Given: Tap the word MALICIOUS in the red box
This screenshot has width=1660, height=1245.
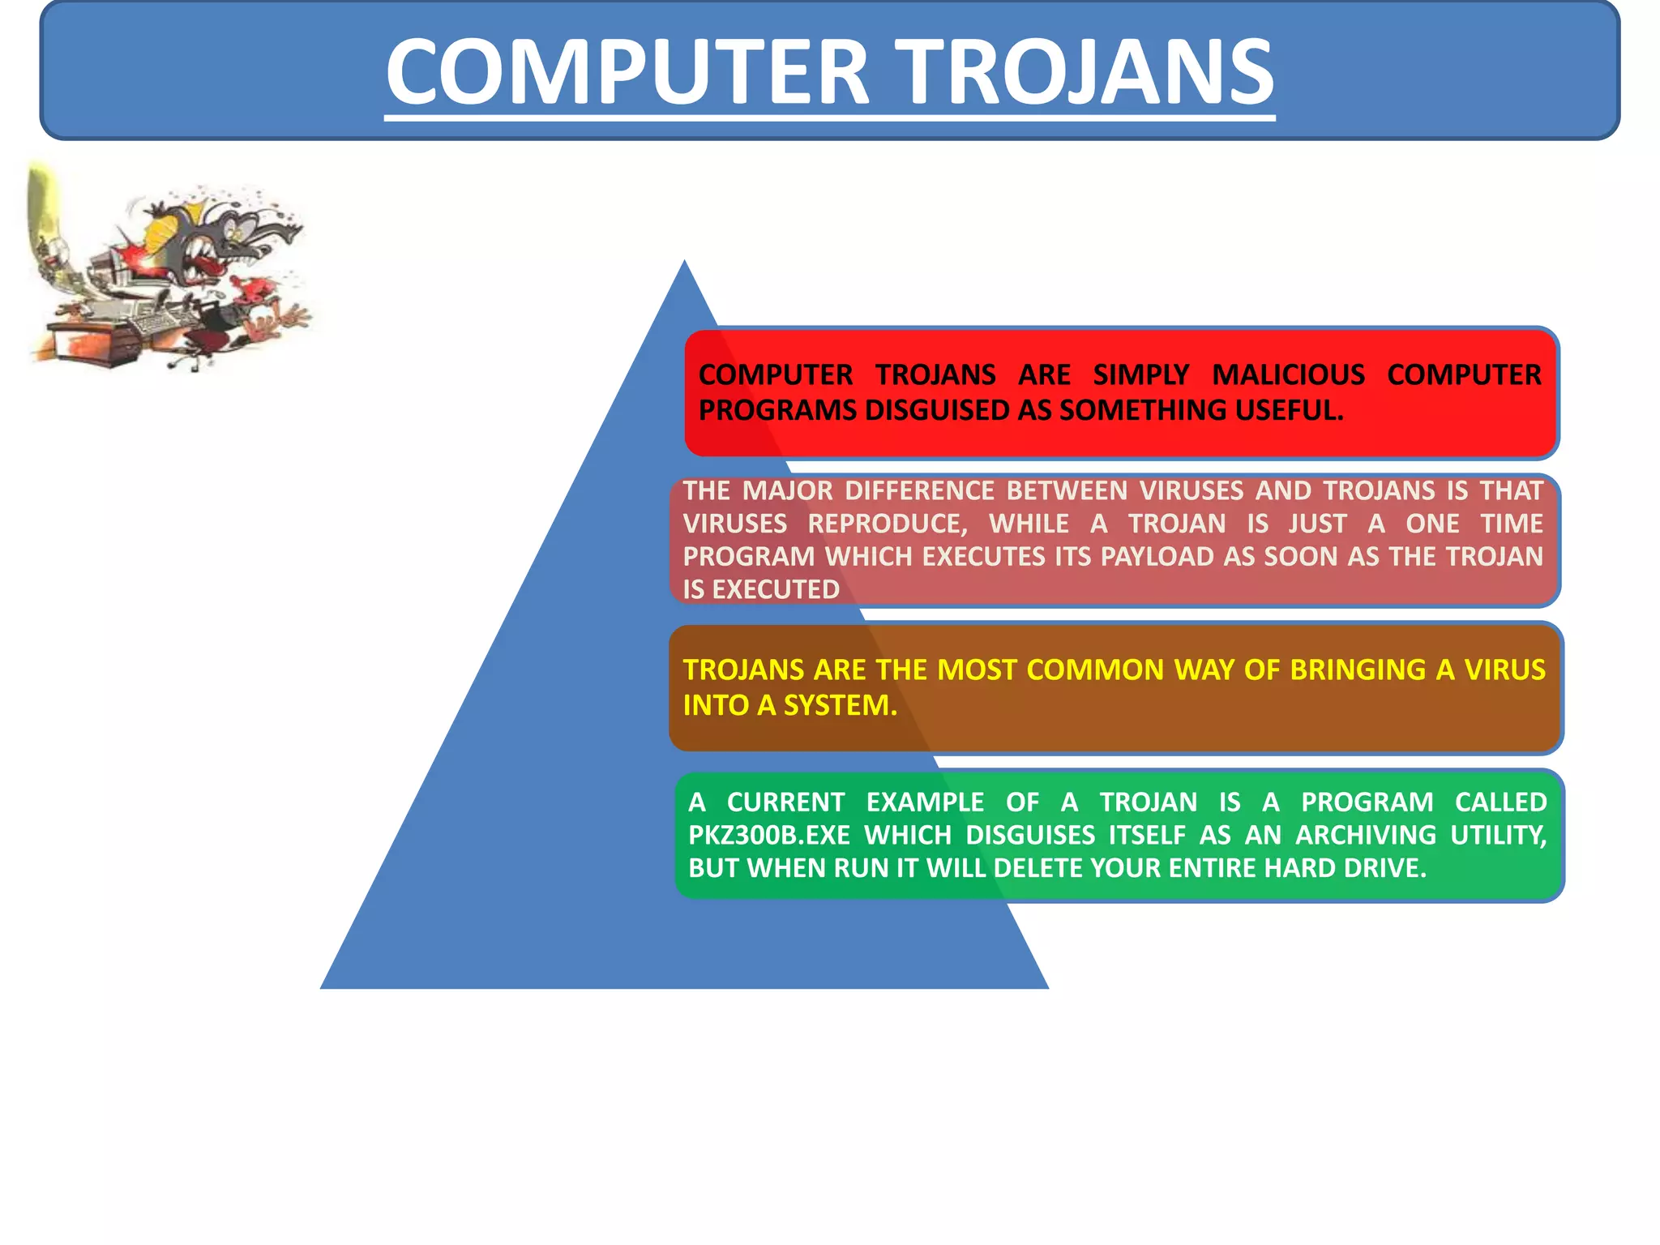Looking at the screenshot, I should pyautogui.click(x=1288, y=375).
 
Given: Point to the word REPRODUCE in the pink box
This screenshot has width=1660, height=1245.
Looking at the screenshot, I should pyautogui.click(x=888, y=524).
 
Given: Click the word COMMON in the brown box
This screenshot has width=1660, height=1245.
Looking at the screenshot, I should pyautogui.click(x=1095, y=670).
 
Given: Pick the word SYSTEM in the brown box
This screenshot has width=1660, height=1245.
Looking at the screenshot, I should pyautogui.click(x=840, y=706).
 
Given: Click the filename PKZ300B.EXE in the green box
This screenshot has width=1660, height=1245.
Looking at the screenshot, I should pyautogui.click(x=768, y=836).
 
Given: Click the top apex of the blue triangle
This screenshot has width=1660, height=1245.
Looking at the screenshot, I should pyautogui.click(x=685, y=264).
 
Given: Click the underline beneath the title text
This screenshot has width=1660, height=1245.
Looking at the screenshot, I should pyautogui.click(x=829, y=118).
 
